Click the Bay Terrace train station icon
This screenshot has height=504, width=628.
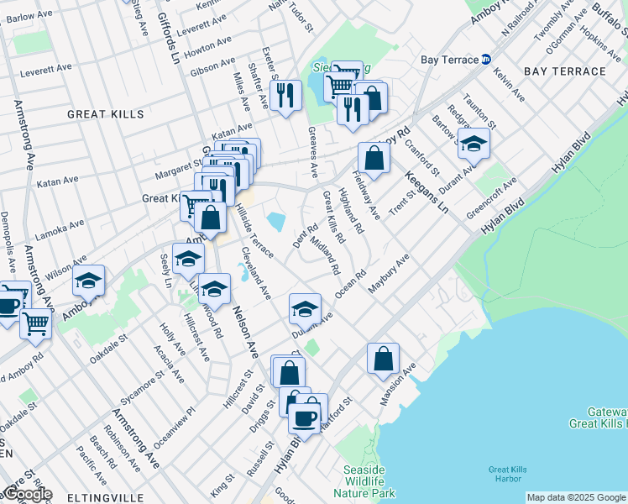486,59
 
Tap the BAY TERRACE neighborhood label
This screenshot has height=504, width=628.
564,71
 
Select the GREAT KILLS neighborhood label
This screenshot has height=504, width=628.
106,113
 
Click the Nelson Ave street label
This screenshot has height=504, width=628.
250,331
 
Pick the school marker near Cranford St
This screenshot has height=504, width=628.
474,144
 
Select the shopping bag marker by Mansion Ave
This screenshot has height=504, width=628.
383,359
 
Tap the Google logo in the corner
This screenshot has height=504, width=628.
27,495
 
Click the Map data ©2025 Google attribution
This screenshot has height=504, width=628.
576,497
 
